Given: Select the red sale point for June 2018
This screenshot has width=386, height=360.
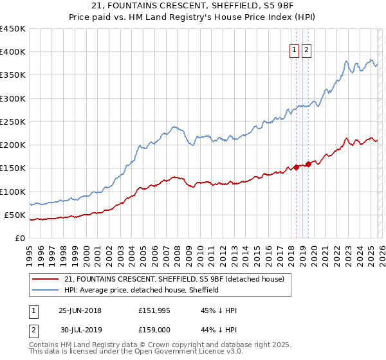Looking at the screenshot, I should pyautogui.click(x=296, y=168).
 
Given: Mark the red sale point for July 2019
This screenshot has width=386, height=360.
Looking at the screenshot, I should pyautogui.click(x=309, y=164).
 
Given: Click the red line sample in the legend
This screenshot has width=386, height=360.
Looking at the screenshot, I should pyautogui.click(x=46, y=279).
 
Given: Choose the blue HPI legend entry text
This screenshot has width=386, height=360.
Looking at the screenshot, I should pyautogui.click(x=142, y=290).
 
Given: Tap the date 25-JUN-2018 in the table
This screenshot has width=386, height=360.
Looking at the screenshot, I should pyautogui.click(x=80, y=310).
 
